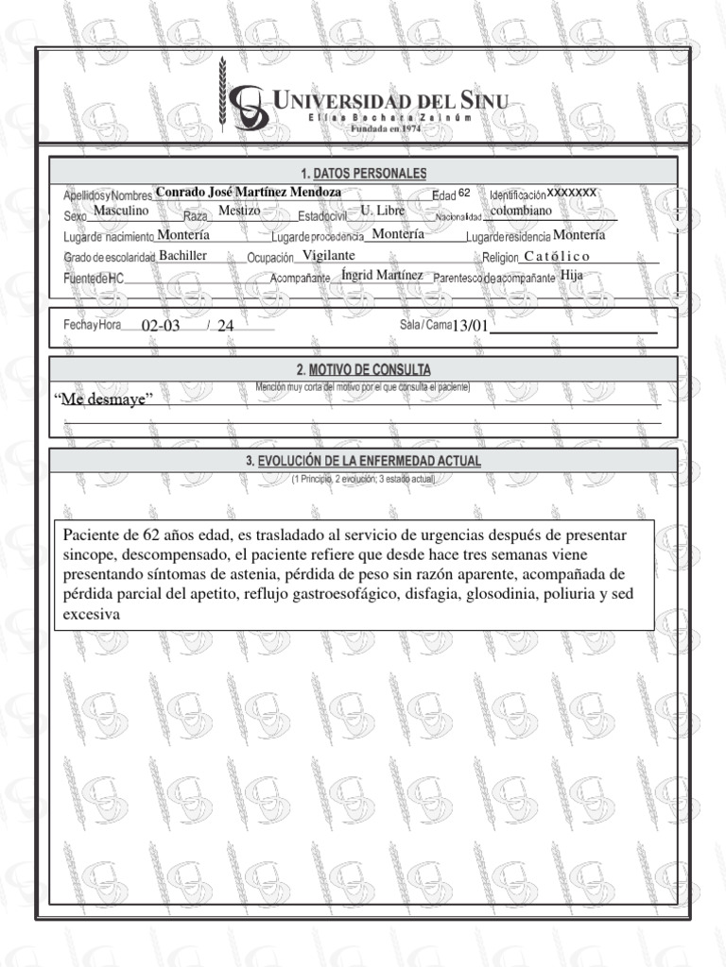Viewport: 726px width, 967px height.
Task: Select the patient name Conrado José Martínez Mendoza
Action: click(249, 192)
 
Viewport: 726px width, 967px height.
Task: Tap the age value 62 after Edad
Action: click(464, 193)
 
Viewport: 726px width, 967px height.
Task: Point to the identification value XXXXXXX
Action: click(572, 192)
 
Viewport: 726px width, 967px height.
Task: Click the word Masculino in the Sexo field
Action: click(121, 211)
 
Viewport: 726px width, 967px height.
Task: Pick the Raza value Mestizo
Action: click(239, 211)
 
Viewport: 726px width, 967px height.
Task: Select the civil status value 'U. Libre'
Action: click(383, 211)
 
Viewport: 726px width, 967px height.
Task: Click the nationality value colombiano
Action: click(527, 211)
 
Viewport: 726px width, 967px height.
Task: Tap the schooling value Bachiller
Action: click(182, 255)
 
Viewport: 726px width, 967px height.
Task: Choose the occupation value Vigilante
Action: click(329, 255)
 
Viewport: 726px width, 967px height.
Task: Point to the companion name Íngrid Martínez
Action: click(382, 274)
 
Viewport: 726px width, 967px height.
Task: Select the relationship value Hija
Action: click(572, 274)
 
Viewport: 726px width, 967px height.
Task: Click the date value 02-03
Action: click(161, 326)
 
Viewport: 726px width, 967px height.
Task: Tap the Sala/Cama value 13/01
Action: click(470, 326)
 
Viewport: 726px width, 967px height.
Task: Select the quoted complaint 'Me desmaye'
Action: click(104, 399)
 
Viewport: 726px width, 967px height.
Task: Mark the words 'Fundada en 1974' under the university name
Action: click(386, 127)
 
